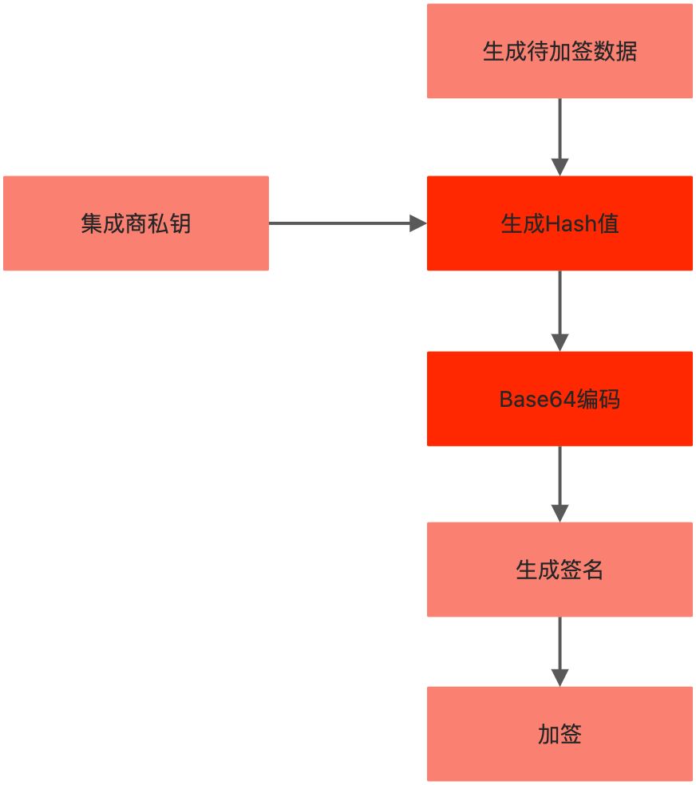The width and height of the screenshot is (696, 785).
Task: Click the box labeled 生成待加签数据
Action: click(560, 51)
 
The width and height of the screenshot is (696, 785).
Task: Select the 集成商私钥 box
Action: click(136, 223)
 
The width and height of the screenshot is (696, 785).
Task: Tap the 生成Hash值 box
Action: click(560, 223)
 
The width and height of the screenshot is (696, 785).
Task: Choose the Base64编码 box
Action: click(560, 399)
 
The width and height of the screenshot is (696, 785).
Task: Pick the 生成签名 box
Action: click(560, 570)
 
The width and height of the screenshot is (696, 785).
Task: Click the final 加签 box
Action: click(560, 734)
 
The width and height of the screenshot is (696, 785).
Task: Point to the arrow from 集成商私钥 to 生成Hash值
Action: click(343, 223)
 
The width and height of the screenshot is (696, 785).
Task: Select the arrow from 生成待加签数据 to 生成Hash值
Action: click(560, 134)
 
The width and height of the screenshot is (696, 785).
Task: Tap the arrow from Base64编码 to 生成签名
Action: click(560, 482)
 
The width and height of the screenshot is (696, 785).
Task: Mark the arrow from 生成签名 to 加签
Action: click(560, 649)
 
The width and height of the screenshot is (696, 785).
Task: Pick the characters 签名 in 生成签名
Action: click(582, 570)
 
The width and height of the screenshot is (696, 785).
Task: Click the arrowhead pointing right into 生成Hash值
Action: click(418, 223)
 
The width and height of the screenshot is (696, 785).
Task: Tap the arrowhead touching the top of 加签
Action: click(560, 677)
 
